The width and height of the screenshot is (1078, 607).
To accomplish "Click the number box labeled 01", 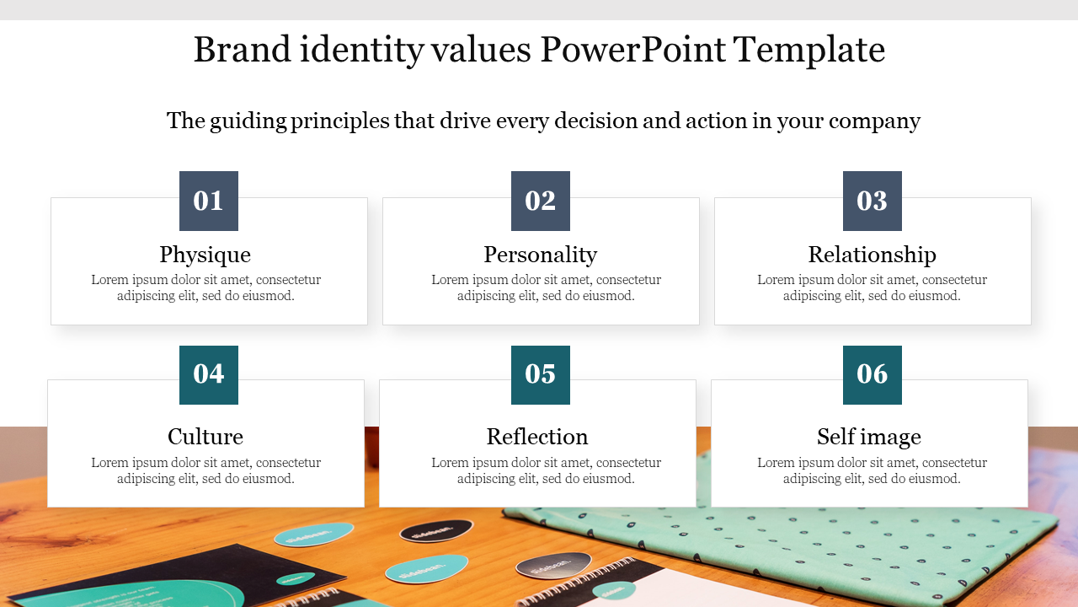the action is click(x=208, y=201).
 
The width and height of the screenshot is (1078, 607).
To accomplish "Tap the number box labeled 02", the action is click(x=541, y=201).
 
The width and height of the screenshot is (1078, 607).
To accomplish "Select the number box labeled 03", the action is click(x=872, y=201).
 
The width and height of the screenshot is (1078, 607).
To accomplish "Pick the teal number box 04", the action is click(x=208, y=375).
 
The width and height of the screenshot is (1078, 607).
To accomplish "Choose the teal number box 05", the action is click(x=541, y=375).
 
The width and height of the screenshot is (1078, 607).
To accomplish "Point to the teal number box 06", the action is click(x=872, y=375).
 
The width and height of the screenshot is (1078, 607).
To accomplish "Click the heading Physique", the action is click(x=205, y=255).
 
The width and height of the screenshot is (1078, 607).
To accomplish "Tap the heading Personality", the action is click(x=541, y=255).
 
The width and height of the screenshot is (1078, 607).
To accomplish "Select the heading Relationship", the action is click(x=872, y=255).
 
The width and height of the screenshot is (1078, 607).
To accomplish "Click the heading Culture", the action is click(x=205, y=437).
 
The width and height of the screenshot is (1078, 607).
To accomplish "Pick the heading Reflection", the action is click(x=537, y=437).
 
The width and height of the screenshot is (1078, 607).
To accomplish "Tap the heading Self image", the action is click(x=868, y=438).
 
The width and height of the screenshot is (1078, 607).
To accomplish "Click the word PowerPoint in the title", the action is click(x=632, y=50).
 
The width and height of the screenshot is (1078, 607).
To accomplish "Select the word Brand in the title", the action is click(x=242, y=50).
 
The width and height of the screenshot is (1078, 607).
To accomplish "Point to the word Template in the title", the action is click(x=809, y=51).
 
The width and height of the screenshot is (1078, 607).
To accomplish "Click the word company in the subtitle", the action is click(x=874, y=121).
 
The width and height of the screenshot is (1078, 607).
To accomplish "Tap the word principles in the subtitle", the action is click(x=339, y=121).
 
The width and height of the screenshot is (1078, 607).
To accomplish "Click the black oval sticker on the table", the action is click(x=436, y=531).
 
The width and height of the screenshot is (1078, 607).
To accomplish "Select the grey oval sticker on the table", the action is click(x=553, y=565).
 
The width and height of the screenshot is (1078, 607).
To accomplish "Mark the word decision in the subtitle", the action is click(x=595, y=121).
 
